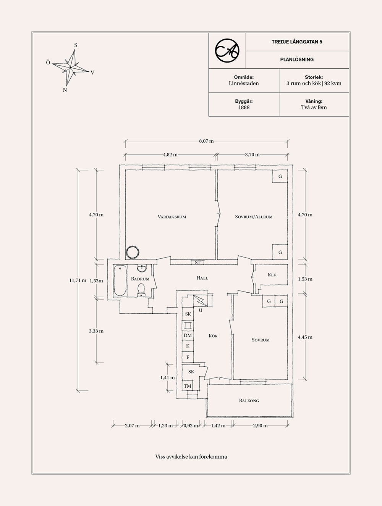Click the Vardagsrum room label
click(x=172, y=217)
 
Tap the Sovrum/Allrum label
click(x=254, y=217)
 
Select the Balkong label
click(x=249, y=401)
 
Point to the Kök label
click(x=213, y=336)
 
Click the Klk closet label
click(x=272, y=275)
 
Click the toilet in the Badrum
click(x=141, y=289)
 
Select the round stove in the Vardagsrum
click(x=133, y=253)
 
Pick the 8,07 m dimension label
click(x=206, y=141)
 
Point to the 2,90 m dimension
click(x=260, y=425)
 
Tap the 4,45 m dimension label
click(x=305, y=337)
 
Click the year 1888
click(x=244, y=108)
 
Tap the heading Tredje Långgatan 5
click(x=297, y=42)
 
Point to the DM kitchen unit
click(x=188, y=335)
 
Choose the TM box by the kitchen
click(x=188, y=386)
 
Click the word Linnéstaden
click(x=244, y=83)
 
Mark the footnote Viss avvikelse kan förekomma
click(x=191, y=456)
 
